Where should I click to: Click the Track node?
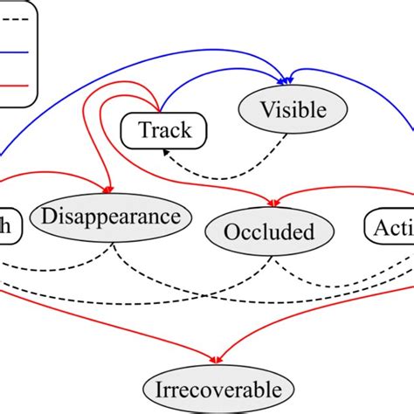pyautogui.click(x=165, y=131)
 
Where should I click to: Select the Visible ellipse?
pyautogui.click(x=293, y=110)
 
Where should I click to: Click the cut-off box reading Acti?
pyautogui.click(x=389, y=230)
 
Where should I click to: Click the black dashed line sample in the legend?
pyautogui.click(x=17, y=18)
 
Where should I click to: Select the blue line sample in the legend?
pyautogui.click(x=17, y=52)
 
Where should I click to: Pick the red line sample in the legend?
pyautogui.click(x=17, y=86)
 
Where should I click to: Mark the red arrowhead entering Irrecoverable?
pyautogui.click(x=217, y=359)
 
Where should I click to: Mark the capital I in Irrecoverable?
pyautogui.click(x=158, y=390)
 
